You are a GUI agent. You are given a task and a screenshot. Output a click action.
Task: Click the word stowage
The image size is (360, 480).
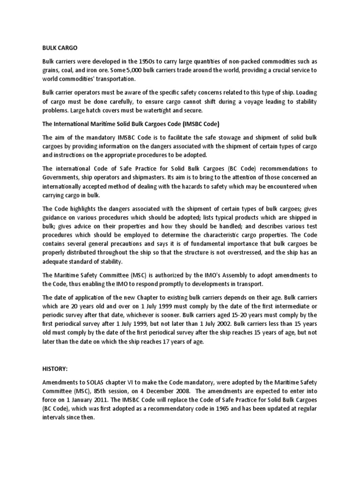click(x=217, y=138)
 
